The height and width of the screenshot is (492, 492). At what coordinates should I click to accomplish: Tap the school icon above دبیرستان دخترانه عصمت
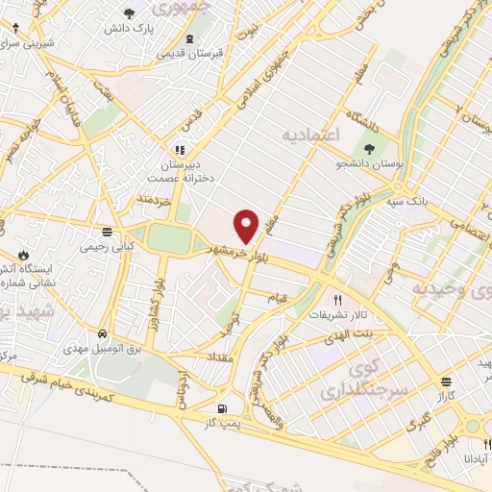coord(179,150)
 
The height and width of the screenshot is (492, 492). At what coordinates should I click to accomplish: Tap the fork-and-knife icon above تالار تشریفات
coord(337,298)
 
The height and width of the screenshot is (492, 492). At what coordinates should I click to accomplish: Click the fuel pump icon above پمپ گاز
coord(224,406)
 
